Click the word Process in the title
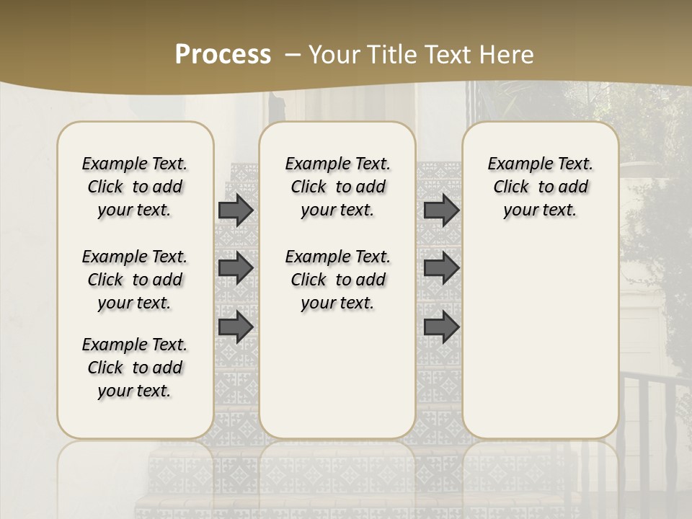pyautogui.click(x=223, y=55)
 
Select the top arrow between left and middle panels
pyautogui.click(x=236, y=210)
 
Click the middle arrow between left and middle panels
pyautogui.click(x=236, y=268)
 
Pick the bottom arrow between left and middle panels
pyautogui.click(x=236, y=326)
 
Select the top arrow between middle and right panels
pyautogui.click(x=441, y=210)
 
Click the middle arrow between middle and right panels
pyautogui.click(x=441, y=268)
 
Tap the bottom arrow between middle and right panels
pyautogui.click(x=441, y=326)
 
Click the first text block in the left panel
pyautogui.click(x=135, y=187)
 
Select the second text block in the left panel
pyautogui.click(x=135, y=280)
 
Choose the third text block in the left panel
pyautogui.click(x=135, y=368)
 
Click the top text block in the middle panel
pyautogui.click(x=337, y=187)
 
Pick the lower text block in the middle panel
pyautogui.click(x=337, y=280)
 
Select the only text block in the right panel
pyautogui.click(x=540, y=187)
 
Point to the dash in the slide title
pyautogui.click(x=292, y=55)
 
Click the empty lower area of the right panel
pyautogui.click(x=540, y=339)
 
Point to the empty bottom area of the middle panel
pyautogui.click(x=337, y=375)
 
